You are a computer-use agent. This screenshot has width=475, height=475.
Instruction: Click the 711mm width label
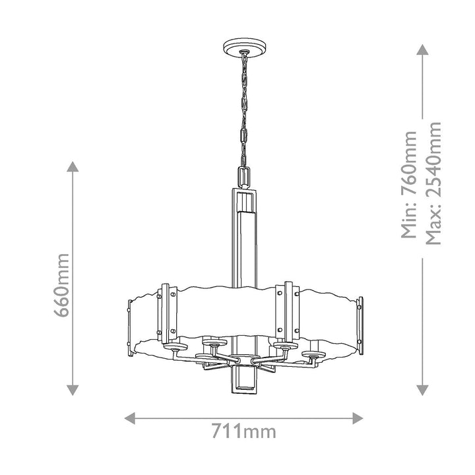click(x=243, y=431)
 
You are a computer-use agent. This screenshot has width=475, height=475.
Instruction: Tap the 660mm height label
click(x=62, y=285)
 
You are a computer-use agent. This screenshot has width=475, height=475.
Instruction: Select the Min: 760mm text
click(x=409, y=184)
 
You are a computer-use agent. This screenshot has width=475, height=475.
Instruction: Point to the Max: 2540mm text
click(x=433, y=183)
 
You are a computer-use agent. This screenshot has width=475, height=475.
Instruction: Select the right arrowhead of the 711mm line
click(x=358, y=418)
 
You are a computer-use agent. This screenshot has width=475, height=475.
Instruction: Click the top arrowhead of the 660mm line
click(x=73, y=167)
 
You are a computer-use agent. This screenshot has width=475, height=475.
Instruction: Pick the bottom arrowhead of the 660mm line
click(x=73, y=390)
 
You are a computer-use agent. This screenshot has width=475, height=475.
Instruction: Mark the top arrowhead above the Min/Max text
click(x=422, y=49)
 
